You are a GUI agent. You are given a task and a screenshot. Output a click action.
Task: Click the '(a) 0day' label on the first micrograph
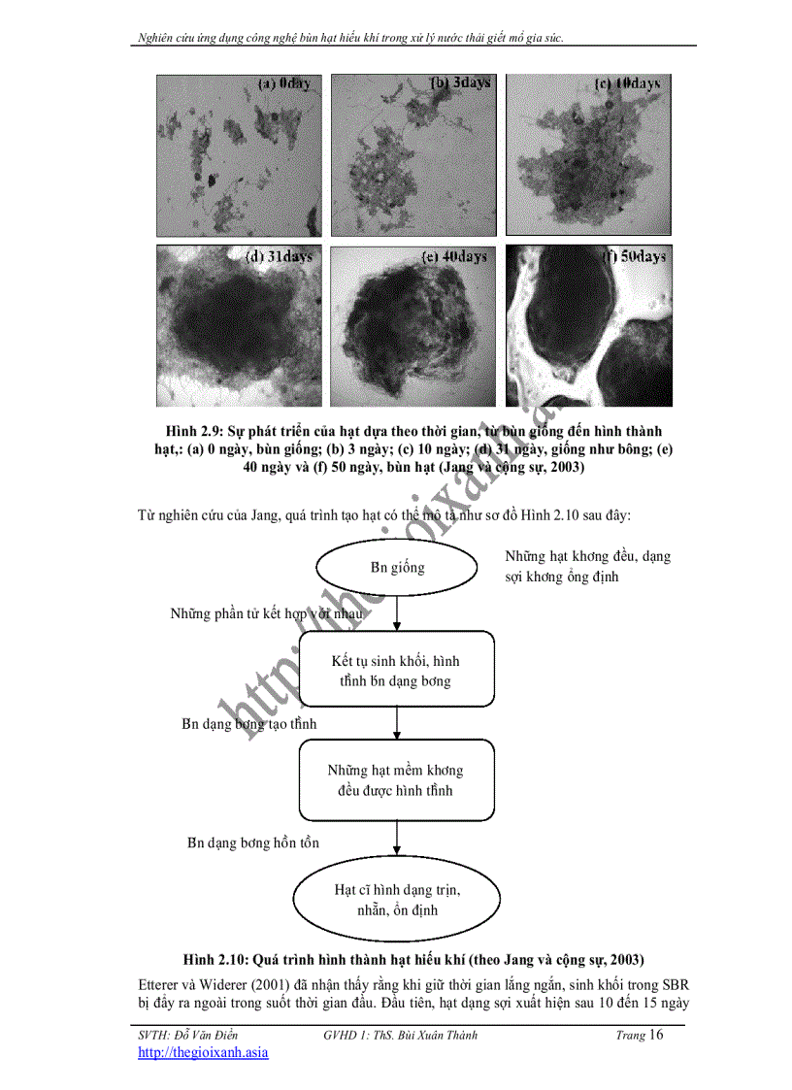[x=283, y=84]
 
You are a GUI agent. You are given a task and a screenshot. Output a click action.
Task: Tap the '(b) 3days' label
[x=460, y=83]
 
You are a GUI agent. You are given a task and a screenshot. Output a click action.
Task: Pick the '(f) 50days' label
[x=633, y=257]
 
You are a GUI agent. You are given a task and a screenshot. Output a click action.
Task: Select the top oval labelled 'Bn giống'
[x=397, y=568]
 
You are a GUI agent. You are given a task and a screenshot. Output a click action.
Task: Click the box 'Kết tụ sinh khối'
[x=397, y=670]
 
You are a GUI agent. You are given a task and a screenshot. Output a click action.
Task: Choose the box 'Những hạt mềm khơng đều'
[x=397, y=779]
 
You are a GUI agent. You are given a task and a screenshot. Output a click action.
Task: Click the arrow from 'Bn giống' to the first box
[x=397, y=615]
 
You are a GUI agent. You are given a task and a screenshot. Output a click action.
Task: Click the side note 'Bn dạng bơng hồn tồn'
[x=253, y=842]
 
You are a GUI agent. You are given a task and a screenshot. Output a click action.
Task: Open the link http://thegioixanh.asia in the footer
[x=203, y=1052]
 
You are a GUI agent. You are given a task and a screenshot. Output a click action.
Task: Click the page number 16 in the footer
[x=656, y=1035]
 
